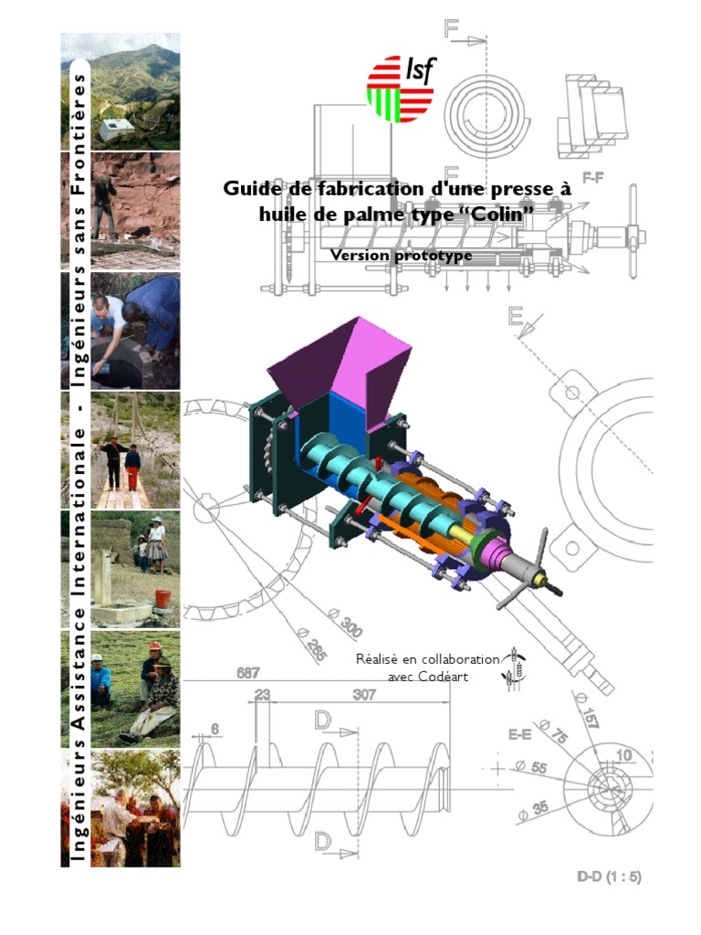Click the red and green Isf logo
pos(401,89)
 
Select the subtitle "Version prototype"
pos(402,256)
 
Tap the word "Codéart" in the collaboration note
pos(443,677)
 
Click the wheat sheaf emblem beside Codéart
pos(515,667)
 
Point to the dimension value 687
pos(248,673)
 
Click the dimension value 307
pos(363,695)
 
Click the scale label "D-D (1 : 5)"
pos(609,877)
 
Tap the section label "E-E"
pos(519,734)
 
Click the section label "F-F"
pos(592,177)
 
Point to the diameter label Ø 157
pos(585,709)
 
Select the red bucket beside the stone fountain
pos(162,598)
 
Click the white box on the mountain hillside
pos(111,130)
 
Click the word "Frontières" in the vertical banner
pos(78,134)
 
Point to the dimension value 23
pos(262,695)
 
